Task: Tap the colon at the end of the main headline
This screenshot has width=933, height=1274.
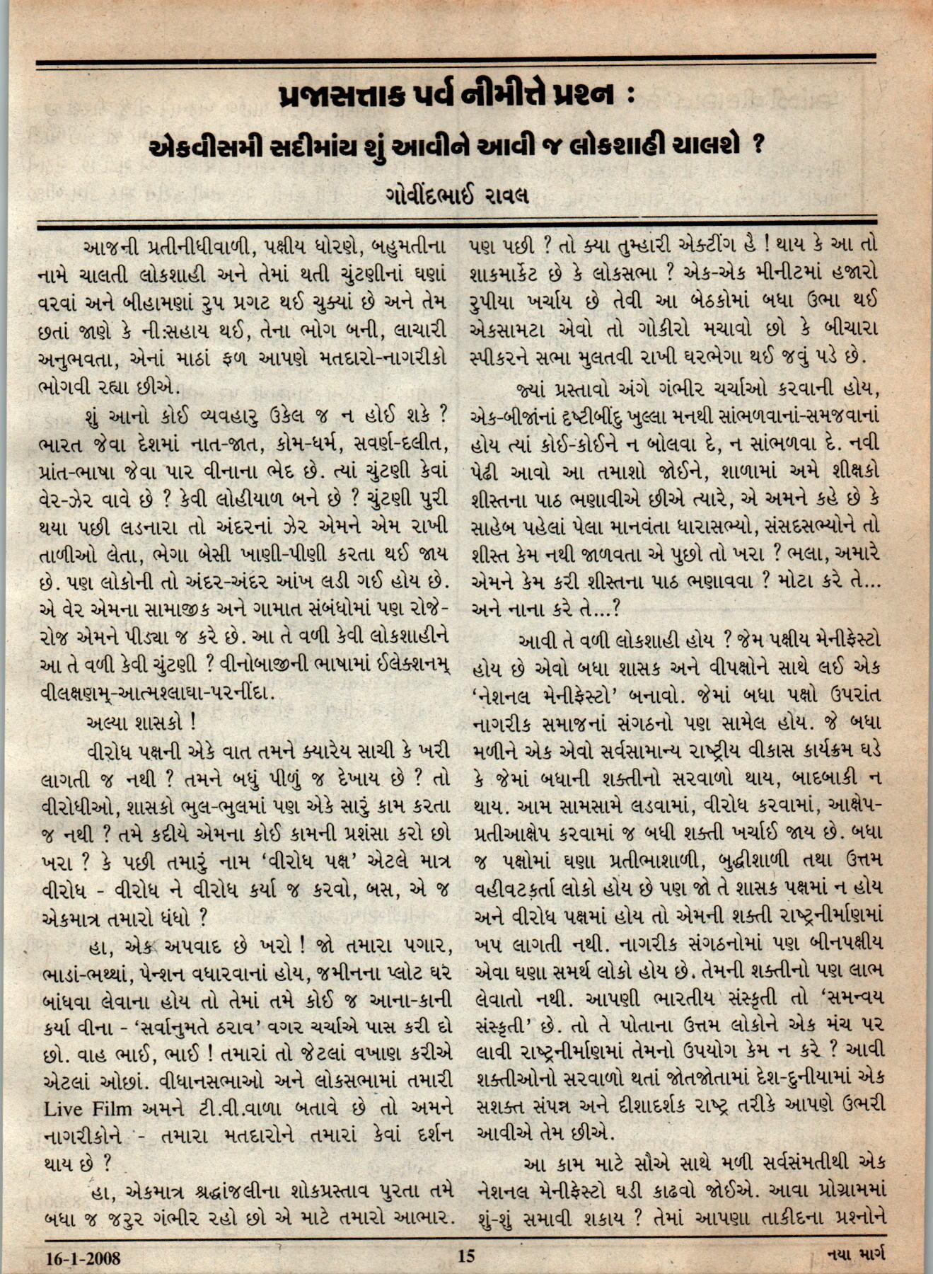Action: (630, 96)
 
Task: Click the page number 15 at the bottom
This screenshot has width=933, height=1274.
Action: (466, 1256)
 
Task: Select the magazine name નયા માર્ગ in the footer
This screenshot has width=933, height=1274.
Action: (856, 1255)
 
